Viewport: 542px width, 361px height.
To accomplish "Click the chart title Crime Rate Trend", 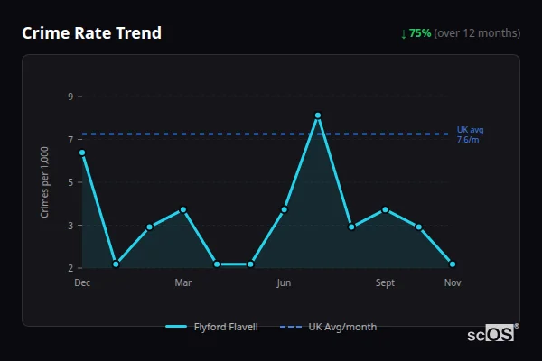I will pyautogui.click(x=92, y=33).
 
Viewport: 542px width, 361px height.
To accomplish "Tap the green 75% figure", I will pyautogui.click(x=420, y=33).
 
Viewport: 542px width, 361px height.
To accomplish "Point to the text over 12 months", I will pyautogui.click(x=477, y=33).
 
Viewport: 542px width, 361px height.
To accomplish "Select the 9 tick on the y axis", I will pyautogui.click(x=70, y=97).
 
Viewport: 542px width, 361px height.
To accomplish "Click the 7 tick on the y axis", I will pyautogui.click(x=70, y=140).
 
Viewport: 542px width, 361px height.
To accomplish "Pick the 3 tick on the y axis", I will pyautogui.click(x=70, y=226).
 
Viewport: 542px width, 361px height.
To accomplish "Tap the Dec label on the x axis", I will pyautogui.click(x=82, y=283).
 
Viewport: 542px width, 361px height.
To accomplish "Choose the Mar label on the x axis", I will pyautogui.click(x=183, y=283).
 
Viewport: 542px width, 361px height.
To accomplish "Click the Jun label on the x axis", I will pyautogui.click(x=284, y=283).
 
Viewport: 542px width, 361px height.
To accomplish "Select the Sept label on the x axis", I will pyautogui.click(x=385, y=283).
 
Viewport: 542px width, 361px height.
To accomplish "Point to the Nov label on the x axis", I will pyautogui.click(x=453, y=283).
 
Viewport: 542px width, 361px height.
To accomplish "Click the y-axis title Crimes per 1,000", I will pyautogui.click(x=45, y=182).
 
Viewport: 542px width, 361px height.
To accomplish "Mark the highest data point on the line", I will pyautogui.click(x=318, y=116).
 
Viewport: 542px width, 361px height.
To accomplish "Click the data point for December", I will pyautogui.click(x=82, y=153).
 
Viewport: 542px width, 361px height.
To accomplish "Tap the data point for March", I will pyautogui.click(x=183, y=209).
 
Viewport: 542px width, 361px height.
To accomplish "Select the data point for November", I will pyautogui.click(x=453, y=264).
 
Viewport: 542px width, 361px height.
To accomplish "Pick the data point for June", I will pyautogui.click(x=284, y=209).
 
